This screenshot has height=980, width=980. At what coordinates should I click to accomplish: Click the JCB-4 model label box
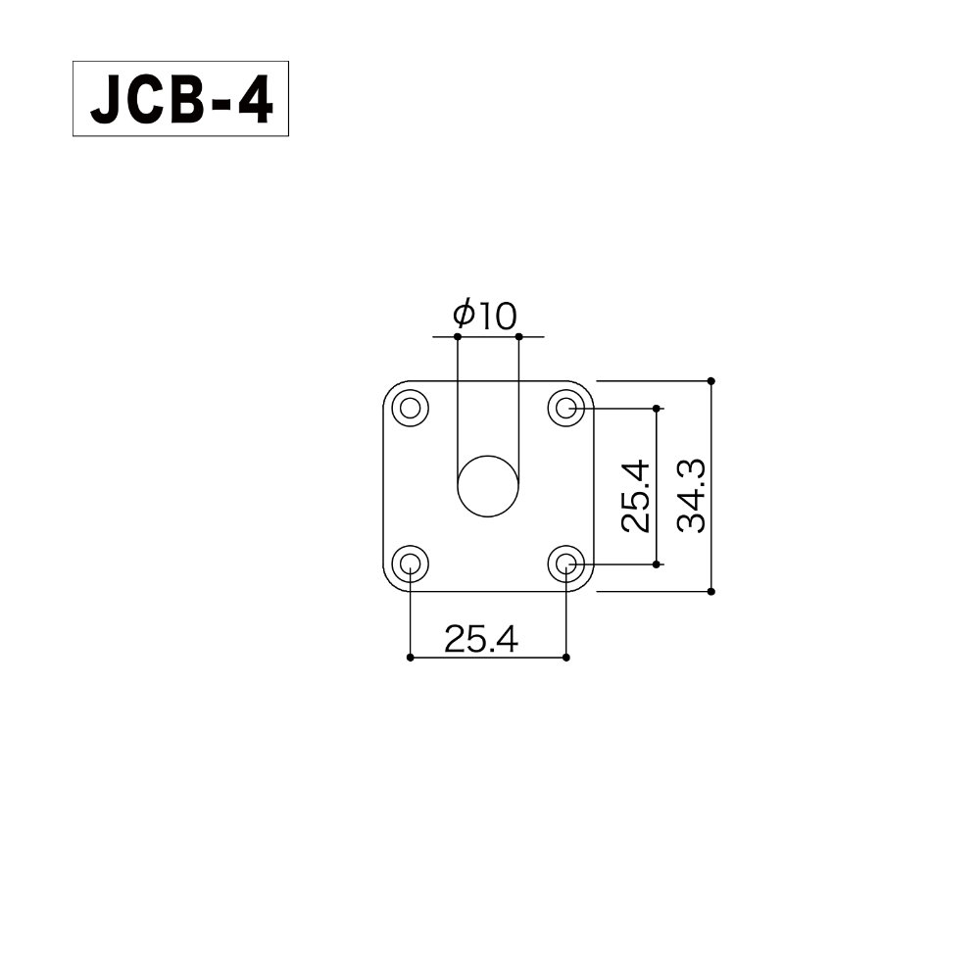tap(180, 100)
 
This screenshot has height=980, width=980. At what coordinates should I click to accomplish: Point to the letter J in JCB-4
tap(103, 100)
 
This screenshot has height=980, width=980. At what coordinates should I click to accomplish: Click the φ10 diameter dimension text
tap(484, 315)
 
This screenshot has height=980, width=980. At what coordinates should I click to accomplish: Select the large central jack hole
tap(488, 486)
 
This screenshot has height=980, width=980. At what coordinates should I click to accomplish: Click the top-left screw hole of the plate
tap(410, 408)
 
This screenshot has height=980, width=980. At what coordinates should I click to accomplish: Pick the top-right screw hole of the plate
tap(566, 408)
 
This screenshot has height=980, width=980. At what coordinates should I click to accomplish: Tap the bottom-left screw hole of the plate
tap(410, 564)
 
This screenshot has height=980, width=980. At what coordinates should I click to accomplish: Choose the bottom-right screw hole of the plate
tap(566, 564)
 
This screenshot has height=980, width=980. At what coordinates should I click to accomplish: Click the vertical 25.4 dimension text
tap(635, 496)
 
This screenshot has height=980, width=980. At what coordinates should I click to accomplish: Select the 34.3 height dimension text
tap(693, 496)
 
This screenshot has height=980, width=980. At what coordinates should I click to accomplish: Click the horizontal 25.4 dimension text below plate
tap(480, 639)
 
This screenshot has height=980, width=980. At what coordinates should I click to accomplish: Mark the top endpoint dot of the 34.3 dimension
tap(711, 380)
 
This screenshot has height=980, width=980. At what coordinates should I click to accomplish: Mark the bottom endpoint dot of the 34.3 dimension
tap(711, 592)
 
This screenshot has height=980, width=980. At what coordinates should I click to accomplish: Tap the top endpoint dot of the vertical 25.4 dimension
tap(657, 408)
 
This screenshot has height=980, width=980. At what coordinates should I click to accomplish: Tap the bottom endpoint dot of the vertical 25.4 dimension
tap(657, 564)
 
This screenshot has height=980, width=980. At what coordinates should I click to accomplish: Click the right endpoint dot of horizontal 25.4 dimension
tap(566, 658)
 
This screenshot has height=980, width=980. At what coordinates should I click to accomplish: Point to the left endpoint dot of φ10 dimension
tap(458, 337)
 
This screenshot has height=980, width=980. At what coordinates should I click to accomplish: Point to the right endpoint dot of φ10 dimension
tap(518, 337)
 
